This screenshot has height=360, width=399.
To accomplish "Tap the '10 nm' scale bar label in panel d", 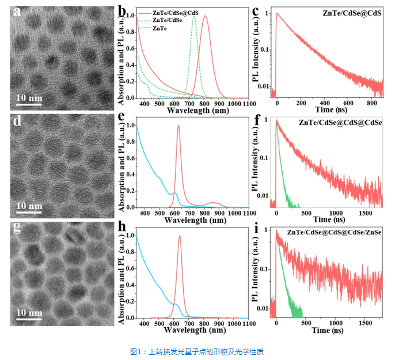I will [x=29, y=206].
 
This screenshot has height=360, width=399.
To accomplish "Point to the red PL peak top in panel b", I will [x=205, y=17].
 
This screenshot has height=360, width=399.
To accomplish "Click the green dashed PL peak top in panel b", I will [x=194, y=17].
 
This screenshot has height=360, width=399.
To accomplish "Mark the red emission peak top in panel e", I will [x=178, y=126].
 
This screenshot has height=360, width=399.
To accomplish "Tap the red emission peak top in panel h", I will [x=180, y=236].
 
